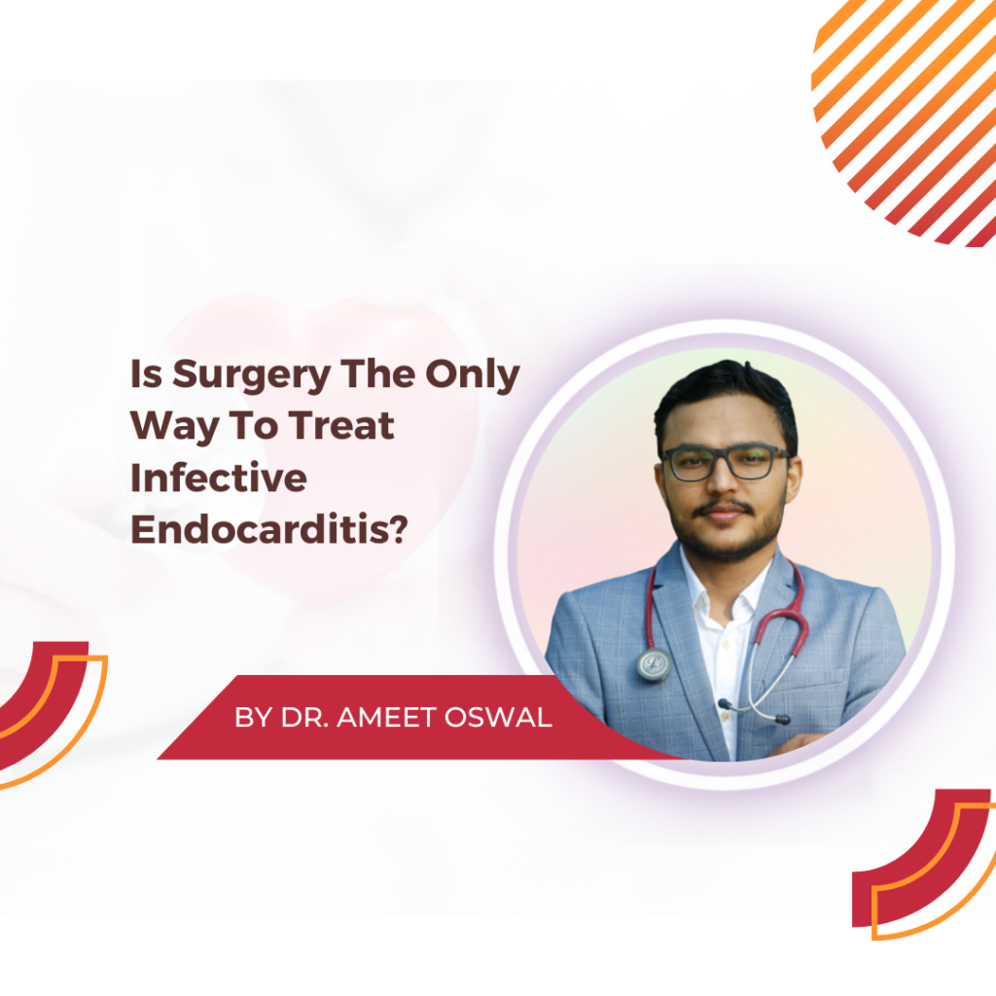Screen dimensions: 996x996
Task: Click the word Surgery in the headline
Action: click(x=252, y=375)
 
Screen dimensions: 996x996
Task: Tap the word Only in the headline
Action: click(x=472, y=375)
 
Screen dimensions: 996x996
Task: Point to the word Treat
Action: click(x=341, y=426)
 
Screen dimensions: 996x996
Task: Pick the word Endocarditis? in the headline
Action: click(x=268, y=529)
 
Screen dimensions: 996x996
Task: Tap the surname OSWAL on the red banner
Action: click(x=498, y=717)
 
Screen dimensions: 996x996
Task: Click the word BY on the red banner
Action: click(x=254, y=717)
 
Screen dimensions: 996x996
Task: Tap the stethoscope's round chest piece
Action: click(x=654, y=664)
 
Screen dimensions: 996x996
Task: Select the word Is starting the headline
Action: click(x=146, y=373)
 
